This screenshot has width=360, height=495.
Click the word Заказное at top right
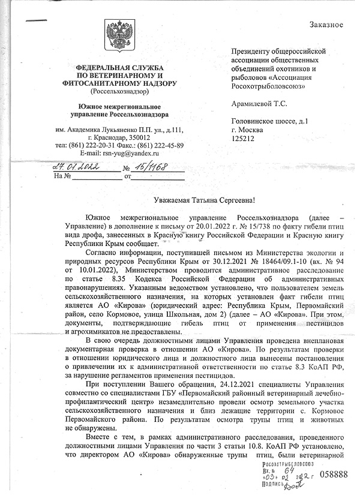326,25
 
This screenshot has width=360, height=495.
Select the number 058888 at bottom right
334,475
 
